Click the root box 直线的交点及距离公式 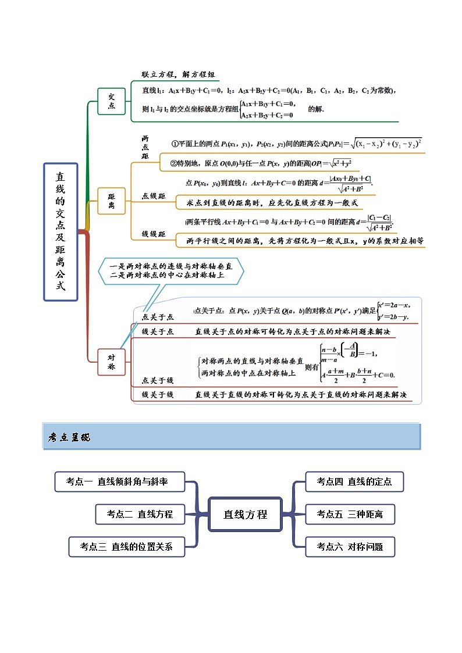[61, 231]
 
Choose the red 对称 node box [111, 362]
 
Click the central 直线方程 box [245, 514]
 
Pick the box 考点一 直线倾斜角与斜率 [120, 481]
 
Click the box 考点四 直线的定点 [354, 481]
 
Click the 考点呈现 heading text [69, 437]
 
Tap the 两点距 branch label [145, 148]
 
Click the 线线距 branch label [154, 234]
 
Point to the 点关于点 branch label [158, 317]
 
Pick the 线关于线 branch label [158, 395]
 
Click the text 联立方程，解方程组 [179, 74]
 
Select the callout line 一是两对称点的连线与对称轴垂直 [170, 266]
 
